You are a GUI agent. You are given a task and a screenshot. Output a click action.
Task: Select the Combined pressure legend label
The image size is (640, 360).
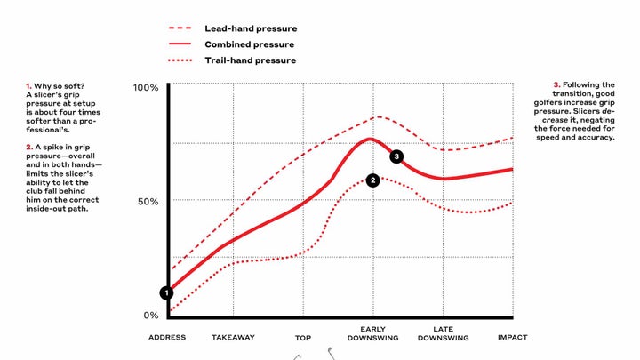coord(249,44)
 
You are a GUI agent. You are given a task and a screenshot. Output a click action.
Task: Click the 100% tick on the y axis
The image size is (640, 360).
coord(145,87)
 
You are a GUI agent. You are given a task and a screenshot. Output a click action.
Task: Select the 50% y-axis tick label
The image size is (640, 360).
coord(147,201)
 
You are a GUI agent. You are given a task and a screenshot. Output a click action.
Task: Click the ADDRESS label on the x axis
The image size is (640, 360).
coord(167,338)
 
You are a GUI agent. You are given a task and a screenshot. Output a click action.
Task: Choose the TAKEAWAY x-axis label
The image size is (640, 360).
coord(233,338)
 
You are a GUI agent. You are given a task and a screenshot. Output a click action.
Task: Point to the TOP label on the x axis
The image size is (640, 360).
coord(303,338)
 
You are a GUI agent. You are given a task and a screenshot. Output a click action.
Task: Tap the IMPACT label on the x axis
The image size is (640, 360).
coord(513,338)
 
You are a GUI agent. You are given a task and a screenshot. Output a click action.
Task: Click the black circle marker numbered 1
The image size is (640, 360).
coord(166,292)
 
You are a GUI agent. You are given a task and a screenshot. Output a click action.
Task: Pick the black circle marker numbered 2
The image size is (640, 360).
coord(373,180)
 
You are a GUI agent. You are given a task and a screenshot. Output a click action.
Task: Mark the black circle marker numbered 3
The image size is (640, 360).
coord(396,156)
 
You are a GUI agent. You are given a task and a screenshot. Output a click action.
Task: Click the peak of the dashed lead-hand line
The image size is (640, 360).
coord(379,116)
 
